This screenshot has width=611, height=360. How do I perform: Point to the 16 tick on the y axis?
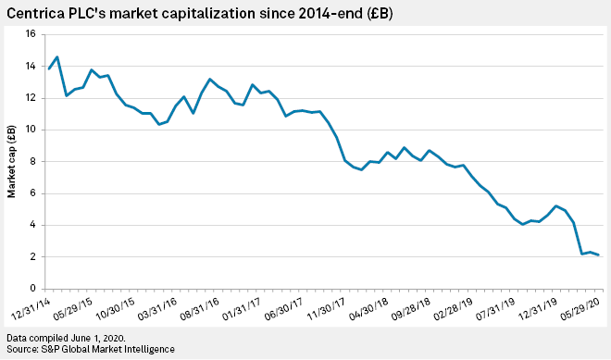(29, 34)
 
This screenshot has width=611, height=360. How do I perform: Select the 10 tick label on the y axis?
(29, 130)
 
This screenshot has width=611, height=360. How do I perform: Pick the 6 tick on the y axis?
(31, 193)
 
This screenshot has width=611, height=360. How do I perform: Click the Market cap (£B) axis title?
(12, 161)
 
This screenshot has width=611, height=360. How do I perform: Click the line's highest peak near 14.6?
(57, 57)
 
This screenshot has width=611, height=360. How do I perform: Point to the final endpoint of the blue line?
(598, 254)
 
